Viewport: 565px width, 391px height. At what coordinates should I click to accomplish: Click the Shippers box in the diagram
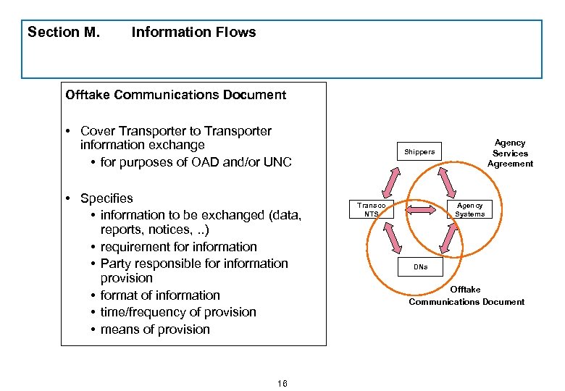pos(419,152)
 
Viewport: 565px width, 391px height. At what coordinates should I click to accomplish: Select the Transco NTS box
pos(371,209)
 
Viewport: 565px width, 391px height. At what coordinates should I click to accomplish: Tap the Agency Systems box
pos(469,209)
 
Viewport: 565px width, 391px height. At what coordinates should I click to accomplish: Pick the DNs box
pos(420,266)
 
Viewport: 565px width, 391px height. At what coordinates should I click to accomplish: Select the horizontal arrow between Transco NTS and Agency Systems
pos(420,209)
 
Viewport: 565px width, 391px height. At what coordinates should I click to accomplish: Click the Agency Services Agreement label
pos(510,153)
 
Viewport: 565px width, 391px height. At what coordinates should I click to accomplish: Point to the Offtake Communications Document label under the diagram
pos(466,295)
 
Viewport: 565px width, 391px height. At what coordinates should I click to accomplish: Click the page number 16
pos(282,383)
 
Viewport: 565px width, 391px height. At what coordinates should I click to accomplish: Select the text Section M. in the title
pos(64,32)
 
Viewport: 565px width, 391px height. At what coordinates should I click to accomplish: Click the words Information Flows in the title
pos(193,32)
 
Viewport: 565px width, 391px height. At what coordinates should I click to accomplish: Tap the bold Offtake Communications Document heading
pos(176,95)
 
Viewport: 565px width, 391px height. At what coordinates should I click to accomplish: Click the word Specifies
pos(106,198)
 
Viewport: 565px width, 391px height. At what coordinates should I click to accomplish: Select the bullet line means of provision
pos(155,329)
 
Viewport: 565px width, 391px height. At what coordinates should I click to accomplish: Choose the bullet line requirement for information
pos(178,247)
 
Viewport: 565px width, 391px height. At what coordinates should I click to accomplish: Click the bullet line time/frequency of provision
pos(178,312)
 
